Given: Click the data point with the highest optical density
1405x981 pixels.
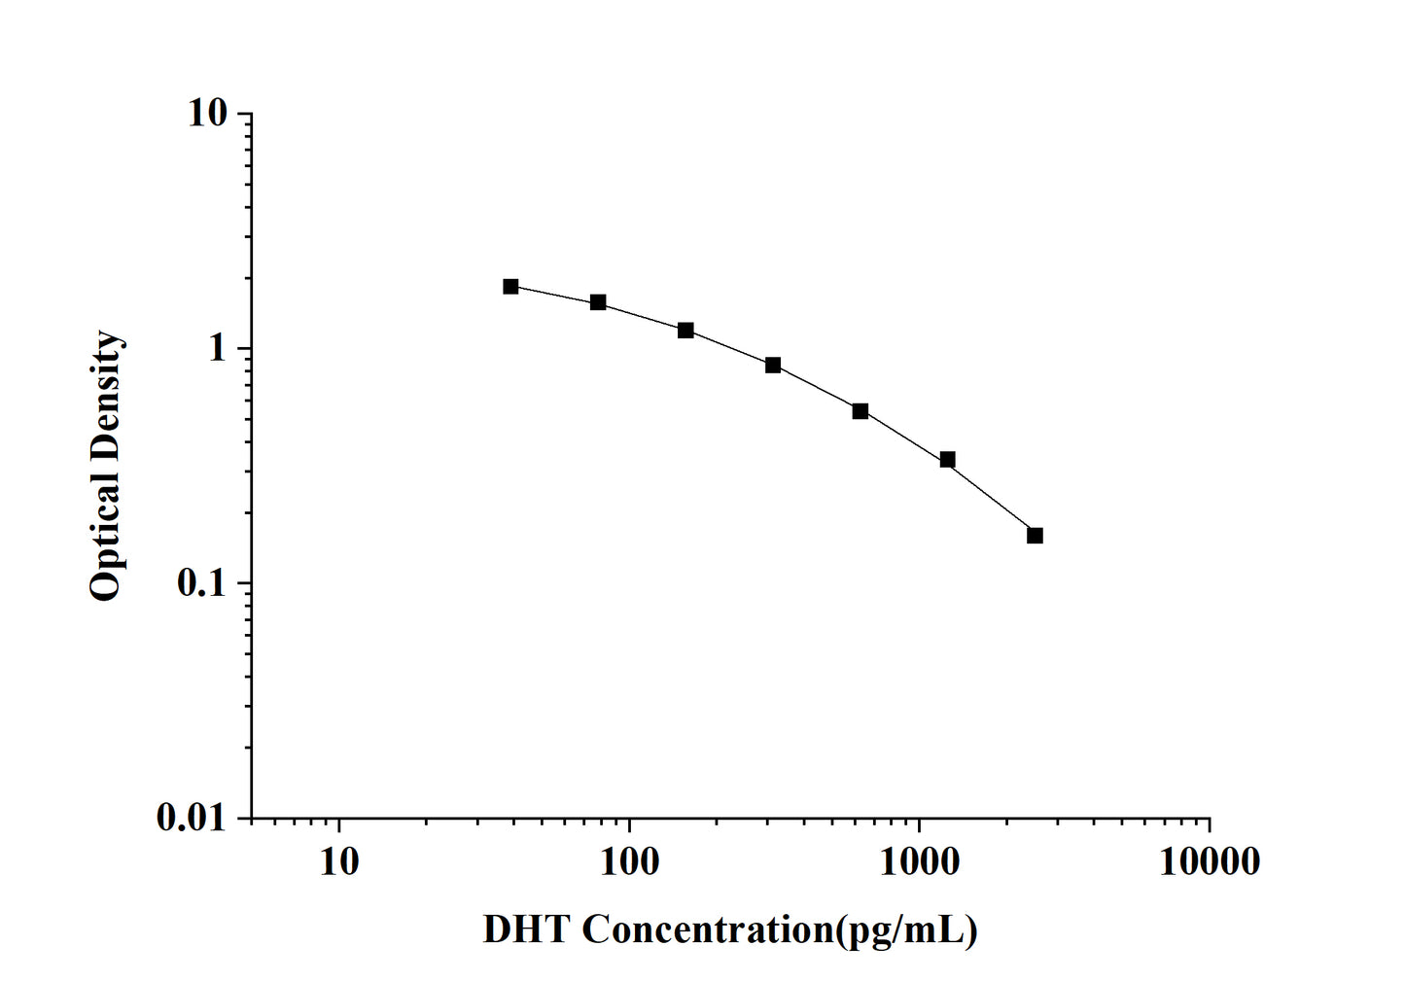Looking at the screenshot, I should click(x=510, y=286).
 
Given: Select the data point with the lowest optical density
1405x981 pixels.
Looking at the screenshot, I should click(x=1035, y=536).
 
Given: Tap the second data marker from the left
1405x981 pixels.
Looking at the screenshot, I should click(x=598, y=302).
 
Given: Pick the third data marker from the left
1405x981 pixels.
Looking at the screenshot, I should click(x=685, y=331).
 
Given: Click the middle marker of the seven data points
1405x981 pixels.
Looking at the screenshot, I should click(x=773, y=366).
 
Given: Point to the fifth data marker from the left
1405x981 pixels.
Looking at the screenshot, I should click(x=861, y=411).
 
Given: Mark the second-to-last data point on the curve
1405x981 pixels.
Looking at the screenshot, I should click(x=947, y=460).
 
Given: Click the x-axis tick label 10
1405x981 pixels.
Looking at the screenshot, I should click(x=338, y=861).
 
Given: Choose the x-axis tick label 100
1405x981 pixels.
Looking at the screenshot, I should click(x=629, y=861).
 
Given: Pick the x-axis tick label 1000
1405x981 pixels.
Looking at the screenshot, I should click(x=920, y=861).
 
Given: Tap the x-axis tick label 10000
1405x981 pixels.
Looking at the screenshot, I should click(x=1210, y=861).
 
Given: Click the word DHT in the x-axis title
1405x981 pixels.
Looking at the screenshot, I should click(x=526, y=930).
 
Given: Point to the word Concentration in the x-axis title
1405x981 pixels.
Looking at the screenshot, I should click(x=708, y=930).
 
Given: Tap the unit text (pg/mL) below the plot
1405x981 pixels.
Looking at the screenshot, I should click(x=906, y=931).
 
